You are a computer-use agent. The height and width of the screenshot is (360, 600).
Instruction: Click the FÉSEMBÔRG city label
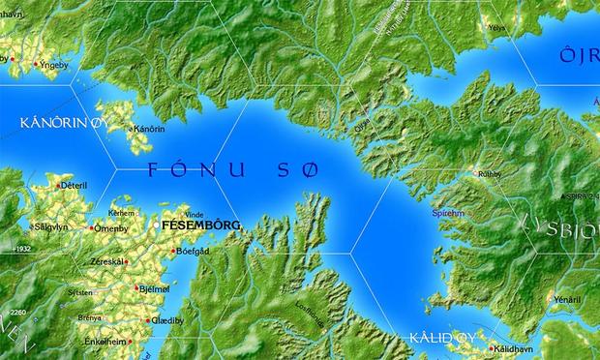(201, 225)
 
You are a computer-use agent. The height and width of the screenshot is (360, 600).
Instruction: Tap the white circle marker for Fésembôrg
(157, 225)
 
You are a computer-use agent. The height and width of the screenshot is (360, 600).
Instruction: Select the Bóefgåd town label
(192, 251)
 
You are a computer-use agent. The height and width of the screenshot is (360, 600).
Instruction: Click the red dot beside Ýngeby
(37, 64)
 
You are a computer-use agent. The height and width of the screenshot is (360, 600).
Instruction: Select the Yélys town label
(497, 28)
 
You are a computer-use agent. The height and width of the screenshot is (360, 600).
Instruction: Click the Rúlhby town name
(490, 174)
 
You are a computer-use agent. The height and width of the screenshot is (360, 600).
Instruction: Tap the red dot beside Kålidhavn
(490, 349)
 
